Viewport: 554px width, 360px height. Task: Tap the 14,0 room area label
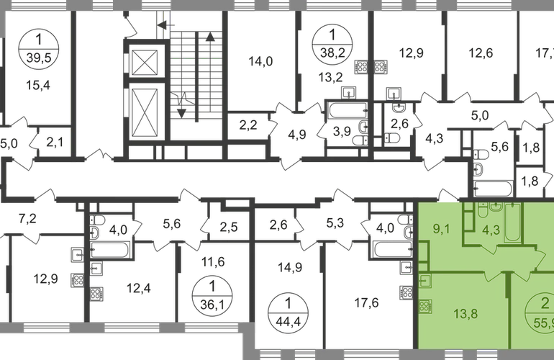(258, 62)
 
